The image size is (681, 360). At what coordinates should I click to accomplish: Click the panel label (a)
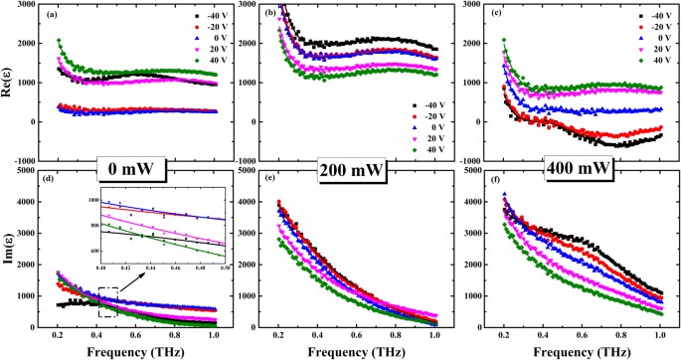click(x=63, y=15)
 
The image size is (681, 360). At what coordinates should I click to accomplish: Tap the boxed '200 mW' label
click(x=347, y=166)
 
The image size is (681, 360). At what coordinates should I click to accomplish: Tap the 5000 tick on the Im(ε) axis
click(x=30, y=180)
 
